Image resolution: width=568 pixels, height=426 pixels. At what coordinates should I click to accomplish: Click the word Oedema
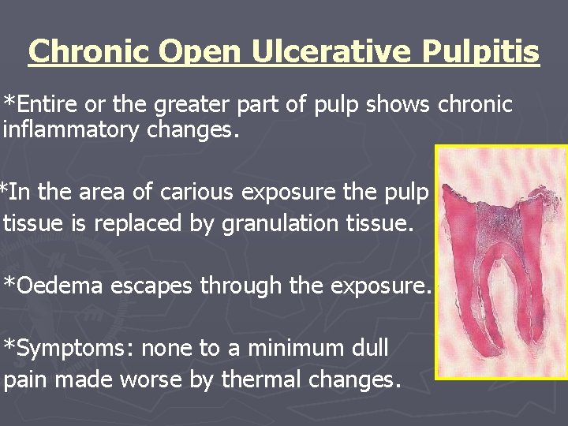click(x=59, y=286)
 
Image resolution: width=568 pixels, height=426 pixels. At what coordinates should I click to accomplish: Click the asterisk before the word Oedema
click(x=9, y=282)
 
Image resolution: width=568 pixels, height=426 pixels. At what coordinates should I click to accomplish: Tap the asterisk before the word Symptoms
click(x=9, y=345)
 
